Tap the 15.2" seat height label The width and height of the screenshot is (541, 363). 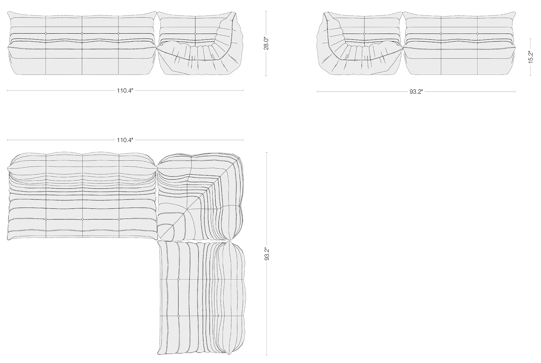tap(531, 57)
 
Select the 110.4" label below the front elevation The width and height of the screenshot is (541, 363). tap(125, 91)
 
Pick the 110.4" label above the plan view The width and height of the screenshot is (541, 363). tap(125, 140)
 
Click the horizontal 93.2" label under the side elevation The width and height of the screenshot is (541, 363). tap(416, 92)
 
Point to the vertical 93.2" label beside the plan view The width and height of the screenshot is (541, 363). tap(267, 254)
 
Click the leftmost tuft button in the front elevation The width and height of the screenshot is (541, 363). tap(46, 34)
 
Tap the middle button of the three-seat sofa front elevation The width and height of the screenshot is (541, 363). tap(82, 34)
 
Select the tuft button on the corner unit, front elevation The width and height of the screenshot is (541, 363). tap(195, 34)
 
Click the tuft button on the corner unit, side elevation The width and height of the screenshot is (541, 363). tap(364, 34)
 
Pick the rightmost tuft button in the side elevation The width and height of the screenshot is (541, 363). tap(477, 34)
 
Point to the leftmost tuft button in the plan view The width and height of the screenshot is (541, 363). tap(46, 219)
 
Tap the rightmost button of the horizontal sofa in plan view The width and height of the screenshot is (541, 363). tap(119, 219)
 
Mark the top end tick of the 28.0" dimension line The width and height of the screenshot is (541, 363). tap(266, 11)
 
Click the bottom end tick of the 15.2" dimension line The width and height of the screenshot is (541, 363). tap(531, 75)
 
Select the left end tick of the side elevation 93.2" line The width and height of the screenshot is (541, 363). tap(317, 92)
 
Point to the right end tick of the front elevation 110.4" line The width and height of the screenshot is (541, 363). tap(243, 90)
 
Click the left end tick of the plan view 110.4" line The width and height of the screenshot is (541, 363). tap(7, 140)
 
